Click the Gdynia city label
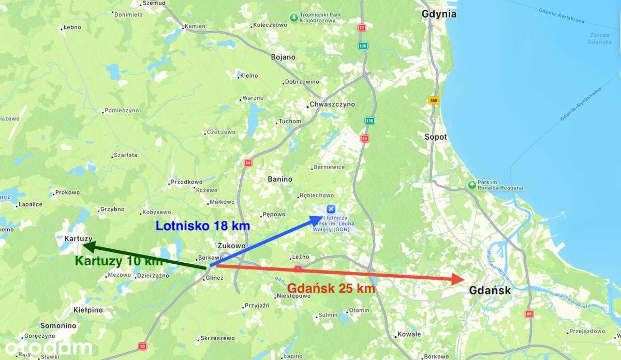[439, 14]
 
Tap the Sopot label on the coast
[435, 137]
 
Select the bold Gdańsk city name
[490, 291]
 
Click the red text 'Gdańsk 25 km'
[331, 289]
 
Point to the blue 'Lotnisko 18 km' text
[203, 226]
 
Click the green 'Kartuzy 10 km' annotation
[119, 261]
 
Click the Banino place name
[280, 179]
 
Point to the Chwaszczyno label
[332, 104]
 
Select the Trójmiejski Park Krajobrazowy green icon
[294, 18]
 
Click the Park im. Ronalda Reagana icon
[471, 185]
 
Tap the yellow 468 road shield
[434, 101]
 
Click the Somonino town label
[58, 326]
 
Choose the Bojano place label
[283, 57]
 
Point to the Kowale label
[409, 334]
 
